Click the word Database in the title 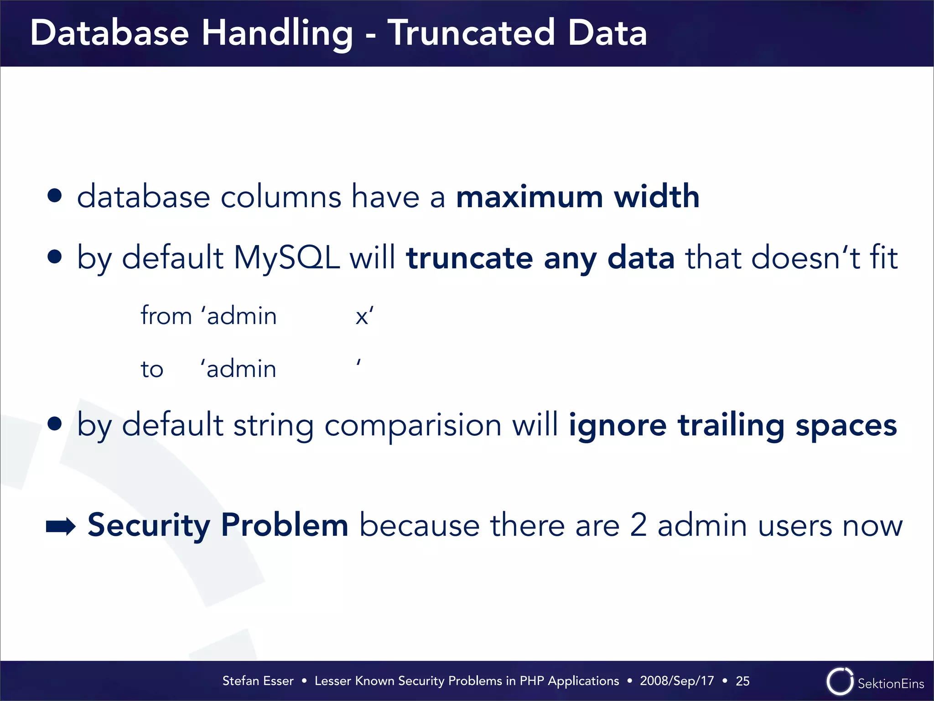click(109, 33)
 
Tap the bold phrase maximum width click(577, 197)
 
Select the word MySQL click(286, 257)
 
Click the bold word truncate click(469, 258)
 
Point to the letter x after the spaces click(362, 316)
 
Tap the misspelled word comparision click(413, 425)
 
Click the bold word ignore click(617, 425)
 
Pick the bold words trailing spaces click(787, 425)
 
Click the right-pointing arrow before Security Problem click(61, 526)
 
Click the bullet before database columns click(55, 196)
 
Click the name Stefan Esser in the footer click(258, 680)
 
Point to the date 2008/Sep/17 click(677, 680)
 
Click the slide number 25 click(742, 680)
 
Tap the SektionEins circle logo click(840, 681)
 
